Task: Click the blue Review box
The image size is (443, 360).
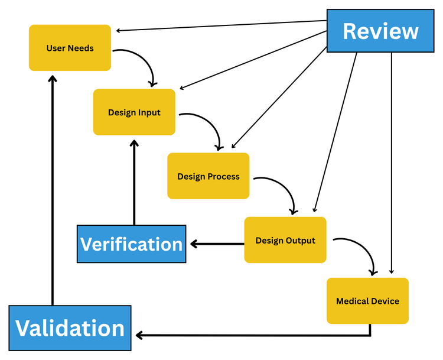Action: [380, 31]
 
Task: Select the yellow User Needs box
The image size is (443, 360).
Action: [70, 48]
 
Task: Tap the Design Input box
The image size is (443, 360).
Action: [134, 112]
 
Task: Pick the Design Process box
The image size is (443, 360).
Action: [208, 176]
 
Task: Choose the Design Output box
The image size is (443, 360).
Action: [285, 240]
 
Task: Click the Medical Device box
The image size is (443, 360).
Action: [367, 301]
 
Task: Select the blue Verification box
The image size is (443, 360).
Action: [131, 244]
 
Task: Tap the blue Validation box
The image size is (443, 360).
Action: [70, 328]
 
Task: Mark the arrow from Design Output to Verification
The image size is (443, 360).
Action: [216, 243]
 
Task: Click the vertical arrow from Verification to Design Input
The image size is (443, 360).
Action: [134, 183]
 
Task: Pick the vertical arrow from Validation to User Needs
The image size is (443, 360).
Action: [53, 189]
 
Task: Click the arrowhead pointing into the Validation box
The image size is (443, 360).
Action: [139, 336]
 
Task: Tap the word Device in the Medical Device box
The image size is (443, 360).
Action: [385, 301]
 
